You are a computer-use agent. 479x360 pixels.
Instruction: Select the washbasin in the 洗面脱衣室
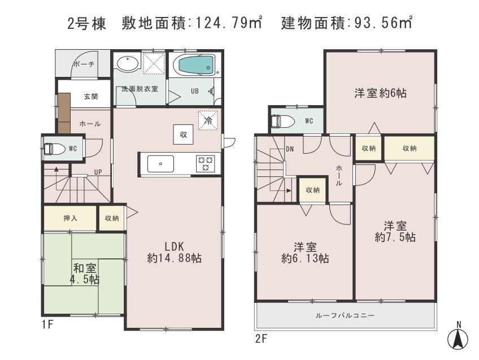126,63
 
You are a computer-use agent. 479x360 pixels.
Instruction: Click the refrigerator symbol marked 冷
208,119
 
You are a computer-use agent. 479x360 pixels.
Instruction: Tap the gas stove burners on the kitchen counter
205,163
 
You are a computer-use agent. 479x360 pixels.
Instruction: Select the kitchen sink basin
162,164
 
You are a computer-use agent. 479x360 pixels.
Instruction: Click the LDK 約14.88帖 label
175,252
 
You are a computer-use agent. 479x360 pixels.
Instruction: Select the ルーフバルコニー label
345,315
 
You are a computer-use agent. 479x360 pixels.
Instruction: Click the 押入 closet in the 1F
71,218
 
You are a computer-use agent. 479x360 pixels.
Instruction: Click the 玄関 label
91,96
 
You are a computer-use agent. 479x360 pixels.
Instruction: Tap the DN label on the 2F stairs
290,149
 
